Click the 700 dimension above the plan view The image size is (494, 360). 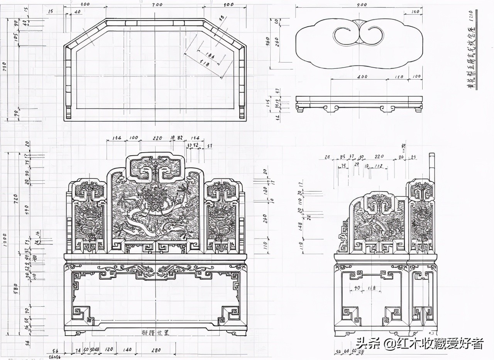[x=157, y=4]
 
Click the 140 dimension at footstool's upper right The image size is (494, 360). [x=414, y=12]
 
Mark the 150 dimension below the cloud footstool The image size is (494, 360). [x=399, y=76]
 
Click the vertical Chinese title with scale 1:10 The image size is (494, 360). [x=471, y=50]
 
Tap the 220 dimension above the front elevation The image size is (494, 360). [x=157, y=138]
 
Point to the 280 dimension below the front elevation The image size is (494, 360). [x=156, y=350]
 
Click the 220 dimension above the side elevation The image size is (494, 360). [x=380, y=157]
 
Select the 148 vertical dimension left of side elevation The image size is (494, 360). [x=300, y=225]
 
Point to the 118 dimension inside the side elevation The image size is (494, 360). [x=372, y=288]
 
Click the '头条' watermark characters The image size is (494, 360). [x=364, y=343]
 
